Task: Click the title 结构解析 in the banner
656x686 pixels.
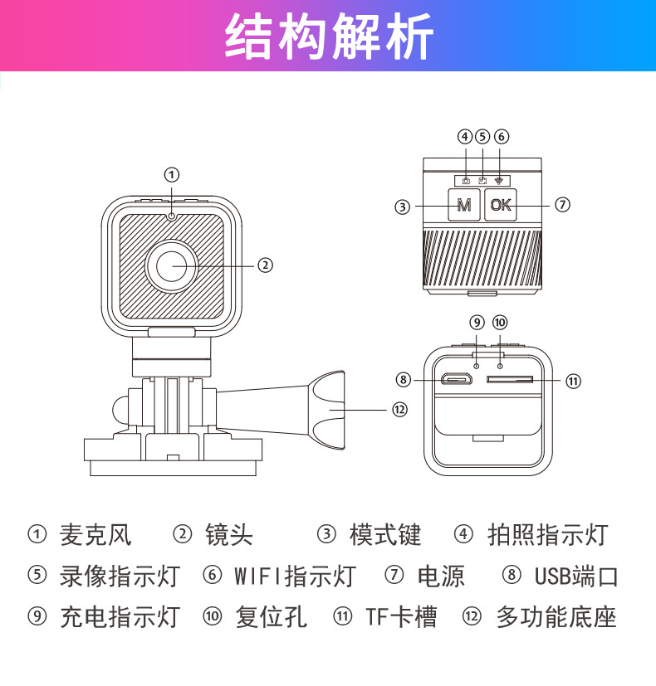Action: (x=329, y=37)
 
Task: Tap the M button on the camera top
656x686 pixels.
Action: (x=464, y=205)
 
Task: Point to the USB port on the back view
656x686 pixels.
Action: (x=456, y=380)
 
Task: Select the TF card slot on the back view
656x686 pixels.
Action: (x=510, y=380)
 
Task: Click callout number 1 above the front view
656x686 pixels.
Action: (x=171, y=174)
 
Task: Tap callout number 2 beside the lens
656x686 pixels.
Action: (x=265, y=265)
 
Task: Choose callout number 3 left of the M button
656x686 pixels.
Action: (x=402, y=207)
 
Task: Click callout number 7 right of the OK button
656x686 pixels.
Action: (x=562, y=204)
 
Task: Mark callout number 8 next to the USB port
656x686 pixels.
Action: (x=404, y=380)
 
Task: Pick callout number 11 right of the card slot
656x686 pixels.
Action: (x=573, y=381)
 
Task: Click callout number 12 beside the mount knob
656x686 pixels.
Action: (x=400, y=409)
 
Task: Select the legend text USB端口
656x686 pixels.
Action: (x=576, y=576)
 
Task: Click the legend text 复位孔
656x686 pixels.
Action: (x=271, y=617)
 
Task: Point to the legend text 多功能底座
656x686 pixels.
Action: (x=556, y=617)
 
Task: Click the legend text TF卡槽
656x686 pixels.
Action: (x=401, y=617)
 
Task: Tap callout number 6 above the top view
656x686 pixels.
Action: (x=501, y=137)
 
